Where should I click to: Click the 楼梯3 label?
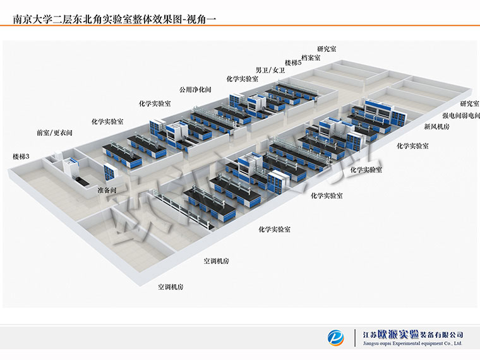(x=21, y=157)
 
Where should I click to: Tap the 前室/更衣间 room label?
(x=54, y=133)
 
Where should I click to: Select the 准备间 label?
(x=107, y=190)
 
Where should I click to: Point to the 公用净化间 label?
(x=195, y=90)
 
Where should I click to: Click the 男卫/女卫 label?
(x=270, y=70)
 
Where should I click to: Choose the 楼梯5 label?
(x=293, y=63)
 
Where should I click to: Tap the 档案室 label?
(x=311, y=57)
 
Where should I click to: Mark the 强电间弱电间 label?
(x=461, y=116)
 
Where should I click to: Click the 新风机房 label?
(x=436, y=126)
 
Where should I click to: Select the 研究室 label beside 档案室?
(x=327, y=49)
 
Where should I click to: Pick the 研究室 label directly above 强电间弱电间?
(x=470, y=104)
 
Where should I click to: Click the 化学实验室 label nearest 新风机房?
(x=412, y=146)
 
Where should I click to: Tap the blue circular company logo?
(x=336, y=338)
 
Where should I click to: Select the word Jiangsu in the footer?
(x=371, y=344)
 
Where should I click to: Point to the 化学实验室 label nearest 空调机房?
(x=274, y=229)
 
